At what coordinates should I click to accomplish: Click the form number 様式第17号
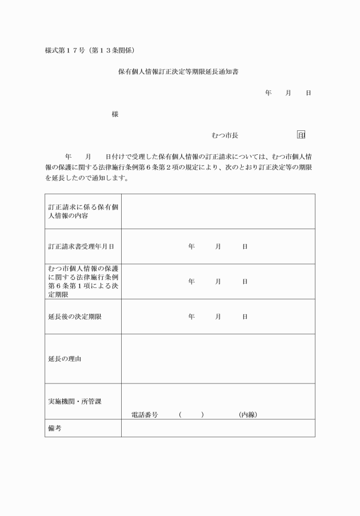coord(65,50)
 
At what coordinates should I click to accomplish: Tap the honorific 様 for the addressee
coord(115,114)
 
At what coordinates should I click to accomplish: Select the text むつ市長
coord(225,135)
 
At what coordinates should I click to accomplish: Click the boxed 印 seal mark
coord(301,135)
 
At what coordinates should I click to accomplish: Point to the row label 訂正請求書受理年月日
coord(81,247)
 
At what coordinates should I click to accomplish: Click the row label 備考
coord(55,428)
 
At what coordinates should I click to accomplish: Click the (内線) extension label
coord(248,414)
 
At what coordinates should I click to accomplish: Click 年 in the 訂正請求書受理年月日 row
coord(191,247)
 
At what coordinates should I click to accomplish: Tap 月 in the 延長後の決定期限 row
coord(218,317)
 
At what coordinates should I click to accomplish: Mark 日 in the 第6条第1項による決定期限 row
coord(245,282)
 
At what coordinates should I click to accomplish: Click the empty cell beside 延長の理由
coord(218,359)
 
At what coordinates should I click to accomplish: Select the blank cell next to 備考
coord(218,428)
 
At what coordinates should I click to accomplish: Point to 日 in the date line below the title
coord(309,93)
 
